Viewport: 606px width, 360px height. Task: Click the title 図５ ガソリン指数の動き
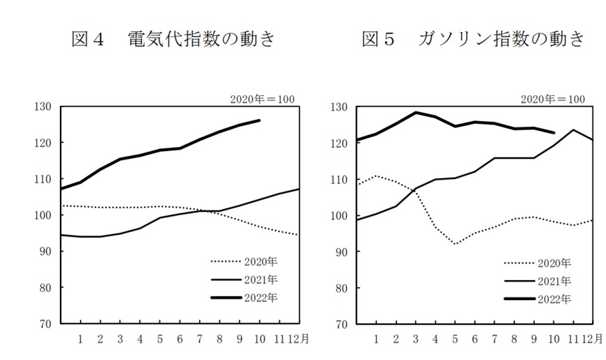pos(473,39)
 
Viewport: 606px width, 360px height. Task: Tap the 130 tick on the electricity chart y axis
pos(43,107)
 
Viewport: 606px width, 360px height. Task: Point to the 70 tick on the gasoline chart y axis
pos(341,324)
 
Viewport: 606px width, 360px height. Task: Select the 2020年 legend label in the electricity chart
pos(261,262)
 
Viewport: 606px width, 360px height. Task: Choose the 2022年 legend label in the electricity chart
pos(261,299)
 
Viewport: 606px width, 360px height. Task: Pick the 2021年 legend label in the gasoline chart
pos(554,281)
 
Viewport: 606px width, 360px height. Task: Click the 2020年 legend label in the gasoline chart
pos(554,263)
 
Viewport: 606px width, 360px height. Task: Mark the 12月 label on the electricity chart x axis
pos(293,339)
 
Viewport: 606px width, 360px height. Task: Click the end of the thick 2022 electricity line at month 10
pos(260,120)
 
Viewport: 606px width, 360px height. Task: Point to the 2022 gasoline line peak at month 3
pos(416,113)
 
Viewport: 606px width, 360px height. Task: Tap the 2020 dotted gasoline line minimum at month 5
pos(455,244)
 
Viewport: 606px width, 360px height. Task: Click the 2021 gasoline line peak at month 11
pos(573,130)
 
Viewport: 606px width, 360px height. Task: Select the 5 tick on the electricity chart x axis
pos(160,339)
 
